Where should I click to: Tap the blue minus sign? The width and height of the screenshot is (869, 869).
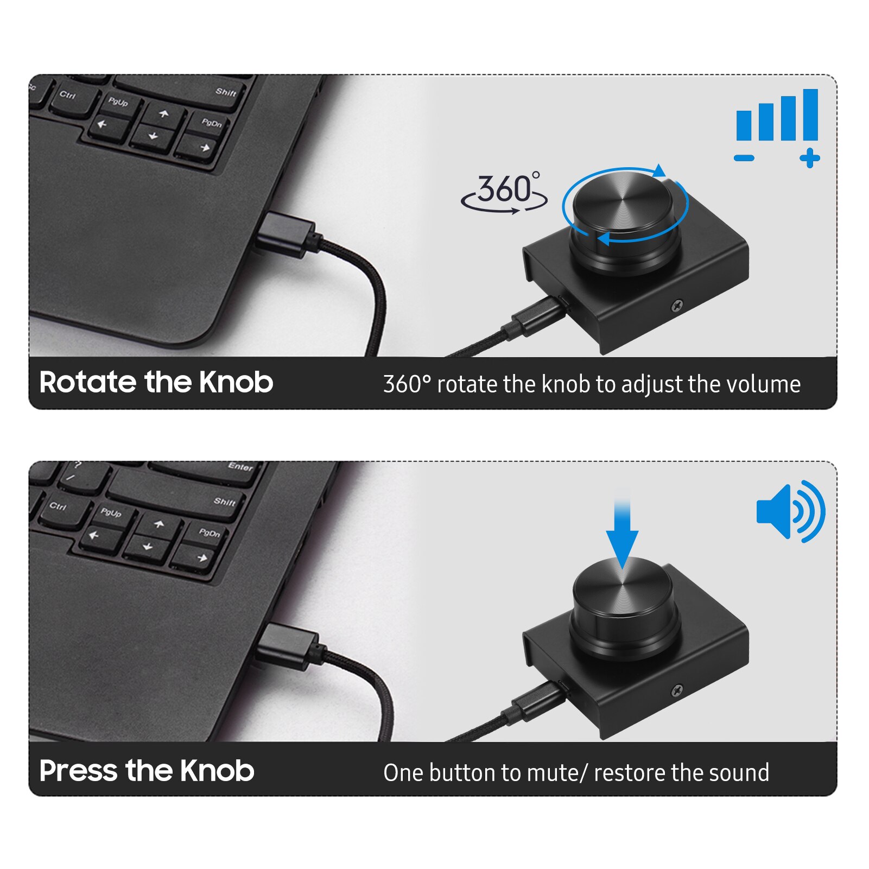coord(744,158)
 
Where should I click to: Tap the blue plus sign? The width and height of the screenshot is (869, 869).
coord(809,158)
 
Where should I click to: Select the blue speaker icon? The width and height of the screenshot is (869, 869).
coord(790,511)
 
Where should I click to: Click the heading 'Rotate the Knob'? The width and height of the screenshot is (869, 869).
coord(156,382)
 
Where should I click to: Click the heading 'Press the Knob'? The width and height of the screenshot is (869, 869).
coord(147,770)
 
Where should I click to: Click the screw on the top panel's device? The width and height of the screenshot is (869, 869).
coord(677,306)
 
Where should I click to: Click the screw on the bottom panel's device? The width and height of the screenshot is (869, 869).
coord(677,691)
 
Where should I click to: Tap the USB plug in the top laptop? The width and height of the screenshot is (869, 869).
coord(285,234)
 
